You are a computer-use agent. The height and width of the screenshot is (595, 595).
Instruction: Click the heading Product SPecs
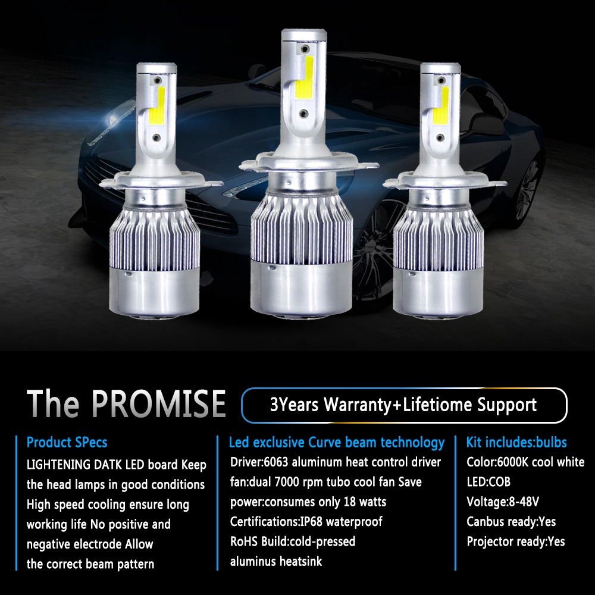67,443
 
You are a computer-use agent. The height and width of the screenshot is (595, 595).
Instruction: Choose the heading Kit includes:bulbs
516,443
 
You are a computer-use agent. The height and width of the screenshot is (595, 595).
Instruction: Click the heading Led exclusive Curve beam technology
337,443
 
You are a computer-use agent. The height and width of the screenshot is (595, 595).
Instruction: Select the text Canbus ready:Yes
511,522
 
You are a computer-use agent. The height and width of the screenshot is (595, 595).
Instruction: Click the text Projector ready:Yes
516,541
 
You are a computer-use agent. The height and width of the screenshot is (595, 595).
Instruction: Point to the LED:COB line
488,482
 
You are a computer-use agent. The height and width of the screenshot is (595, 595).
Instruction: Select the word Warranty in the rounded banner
358,406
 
